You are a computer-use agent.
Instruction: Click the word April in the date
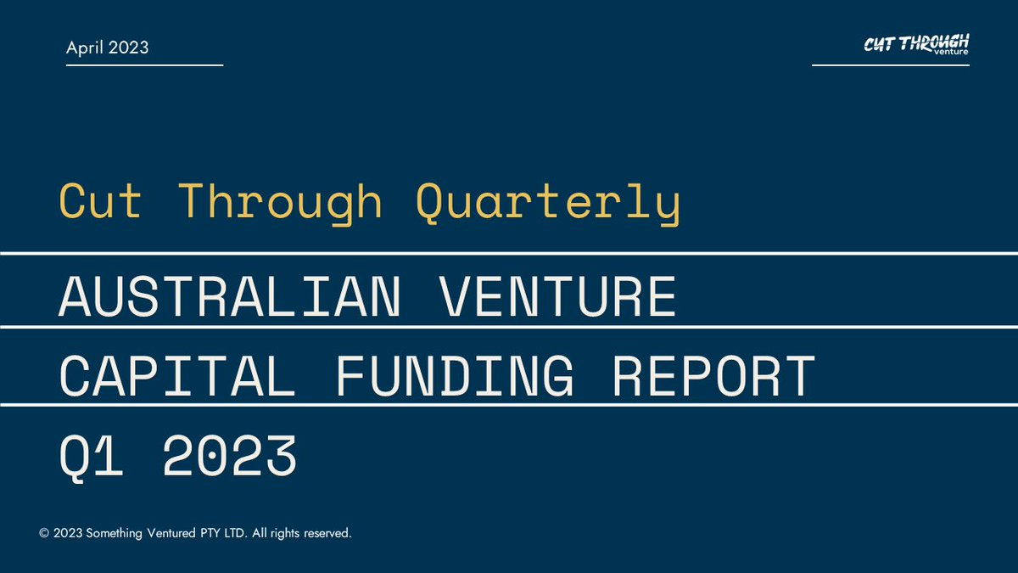[x=86, y=48]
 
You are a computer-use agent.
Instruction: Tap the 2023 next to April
[x=128, y=48]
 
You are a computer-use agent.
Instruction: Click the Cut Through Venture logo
[x=916, y=45]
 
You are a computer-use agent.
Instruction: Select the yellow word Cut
[x=99, y=202]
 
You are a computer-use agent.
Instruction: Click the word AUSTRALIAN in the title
[x=229, y=296]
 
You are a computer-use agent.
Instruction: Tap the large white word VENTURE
[x=557, y=296]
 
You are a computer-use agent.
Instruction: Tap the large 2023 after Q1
[x=229, y=456]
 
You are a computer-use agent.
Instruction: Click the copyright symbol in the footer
[x=44, y=534]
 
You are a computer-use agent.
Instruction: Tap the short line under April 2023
[x=144, y=65]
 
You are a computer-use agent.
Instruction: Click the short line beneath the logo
[x=890, y=65]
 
